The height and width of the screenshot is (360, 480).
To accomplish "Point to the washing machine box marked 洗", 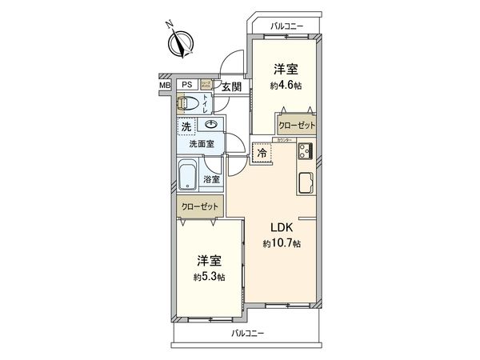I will coord(186,127).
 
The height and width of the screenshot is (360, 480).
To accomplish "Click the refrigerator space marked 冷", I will coord(261,151).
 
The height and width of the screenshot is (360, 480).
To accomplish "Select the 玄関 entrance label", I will coord(231,86).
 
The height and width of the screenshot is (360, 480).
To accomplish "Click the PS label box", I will coord(186,85).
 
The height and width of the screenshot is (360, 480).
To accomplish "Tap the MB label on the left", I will coord(164,85).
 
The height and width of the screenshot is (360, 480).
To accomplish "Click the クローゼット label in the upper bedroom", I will coord(297,126).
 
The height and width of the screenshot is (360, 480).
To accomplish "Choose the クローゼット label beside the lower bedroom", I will coord(198,206).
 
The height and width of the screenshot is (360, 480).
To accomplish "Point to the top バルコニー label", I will coord(287,26).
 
